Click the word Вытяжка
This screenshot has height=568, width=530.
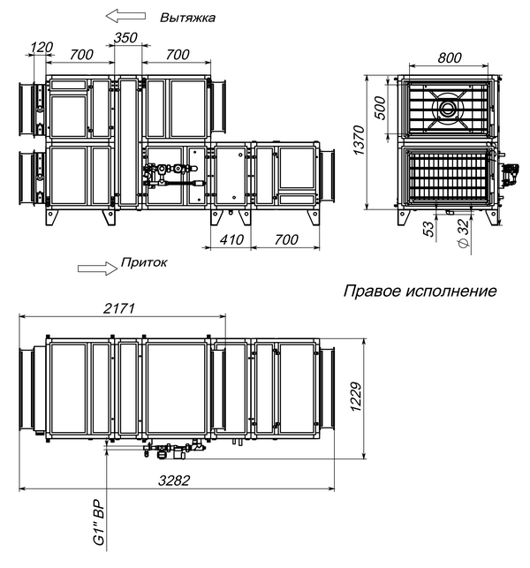[x=187, y=18]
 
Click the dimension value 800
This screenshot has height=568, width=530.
[x=449, y=58]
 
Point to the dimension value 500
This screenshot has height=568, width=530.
[x=381, y=108]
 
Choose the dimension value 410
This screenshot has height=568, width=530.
[x=231, y=240]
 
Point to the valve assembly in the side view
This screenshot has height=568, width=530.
[x=169, y=174]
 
